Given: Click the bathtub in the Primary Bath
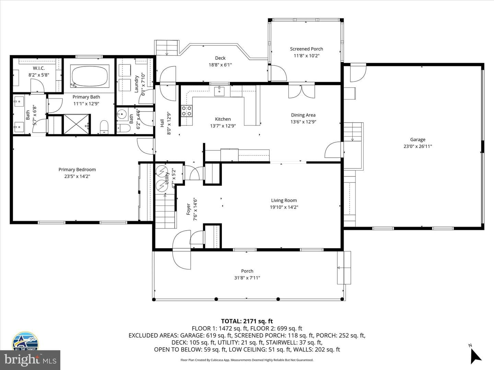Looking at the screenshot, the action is [90, 76].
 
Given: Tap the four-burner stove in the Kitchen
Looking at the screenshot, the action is [187, 111].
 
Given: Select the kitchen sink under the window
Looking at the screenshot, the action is [219, 91].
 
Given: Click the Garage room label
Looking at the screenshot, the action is [418, 139].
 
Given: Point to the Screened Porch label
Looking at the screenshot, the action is [306, 49].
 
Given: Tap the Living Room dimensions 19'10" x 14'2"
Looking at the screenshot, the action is [284, 207].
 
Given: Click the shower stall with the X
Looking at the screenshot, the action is [76, 124].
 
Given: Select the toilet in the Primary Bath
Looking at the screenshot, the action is [104, 127].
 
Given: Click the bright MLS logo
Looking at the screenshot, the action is [30, 360].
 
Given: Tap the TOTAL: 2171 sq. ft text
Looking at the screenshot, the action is [247, 321].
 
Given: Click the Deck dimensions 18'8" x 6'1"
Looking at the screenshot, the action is [220, 65].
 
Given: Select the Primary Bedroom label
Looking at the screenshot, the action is [77, 169].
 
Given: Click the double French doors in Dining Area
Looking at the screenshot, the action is [302, 91].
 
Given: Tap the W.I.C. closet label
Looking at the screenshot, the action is [39, 68].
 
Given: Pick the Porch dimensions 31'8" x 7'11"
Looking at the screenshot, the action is [247, 277].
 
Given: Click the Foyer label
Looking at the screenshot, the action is [189, 209].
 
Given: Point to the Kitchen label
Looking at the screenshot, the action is [223, 119].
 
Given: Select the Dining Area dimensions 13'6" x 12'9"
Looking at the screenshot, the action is [303, 122].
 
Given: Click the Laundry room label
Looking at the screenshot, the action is [136, 84].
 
